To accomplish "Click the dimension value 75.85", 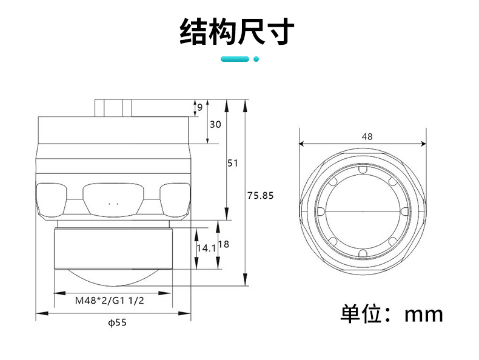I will coord(261,195).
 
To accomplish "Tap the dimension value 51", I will coord(233,163).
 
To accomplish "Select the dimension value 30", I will coord(215,124).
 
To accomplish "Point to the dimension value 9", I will coord(199,108).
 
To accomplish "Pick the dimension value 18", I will coord(223,244).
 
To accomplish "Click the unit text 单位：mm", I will coord(392,314).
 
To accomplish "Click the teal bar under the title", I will coord(235,59).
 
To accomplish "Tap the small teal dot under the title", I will coord(256,59).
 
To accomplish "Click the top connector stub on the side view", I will coord(113,107).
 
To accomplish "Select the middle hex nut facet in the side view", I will coord(113,200).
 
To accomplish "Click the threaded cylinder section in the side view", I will coord(114,245).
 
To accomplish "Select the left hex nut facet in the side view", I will coord(51,200).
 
